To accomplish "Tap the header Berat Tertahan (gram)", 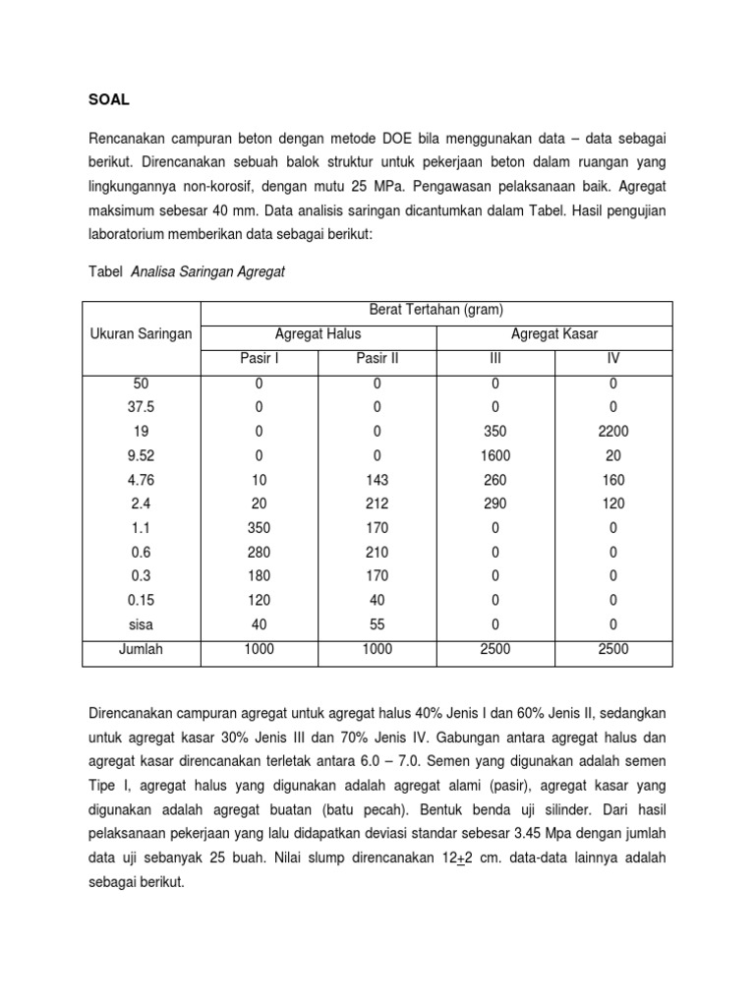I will click(436, 310).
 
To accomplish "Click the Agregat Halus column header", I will click(319, 334).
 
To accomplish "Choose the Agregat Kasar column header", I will click(554, 334).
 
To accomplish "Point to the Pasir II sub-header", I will click(377, 359).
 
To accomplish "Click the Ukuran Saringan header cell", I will click(142, 334).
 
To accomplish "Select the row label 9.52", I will click(142, 455).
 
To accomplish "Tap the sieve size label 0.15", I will click(142, 600).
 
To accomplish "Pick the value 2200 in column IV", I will click(613, 431).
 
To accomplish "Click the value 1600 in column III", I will click(495, 455).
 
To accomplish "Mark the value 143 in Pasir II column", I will click(377, 480).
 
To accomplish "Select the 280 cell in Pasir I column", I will click(260, 552).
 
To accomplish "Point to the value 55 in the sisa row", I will click(377, 624).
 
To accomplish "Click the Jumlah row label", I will click(142, 649).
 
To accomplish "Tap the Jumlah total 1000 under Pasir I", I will click(260, 649).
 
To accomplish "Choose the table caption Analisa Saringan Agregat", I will click(207, 272).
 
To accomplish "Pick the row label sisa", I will click(142, 624).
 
